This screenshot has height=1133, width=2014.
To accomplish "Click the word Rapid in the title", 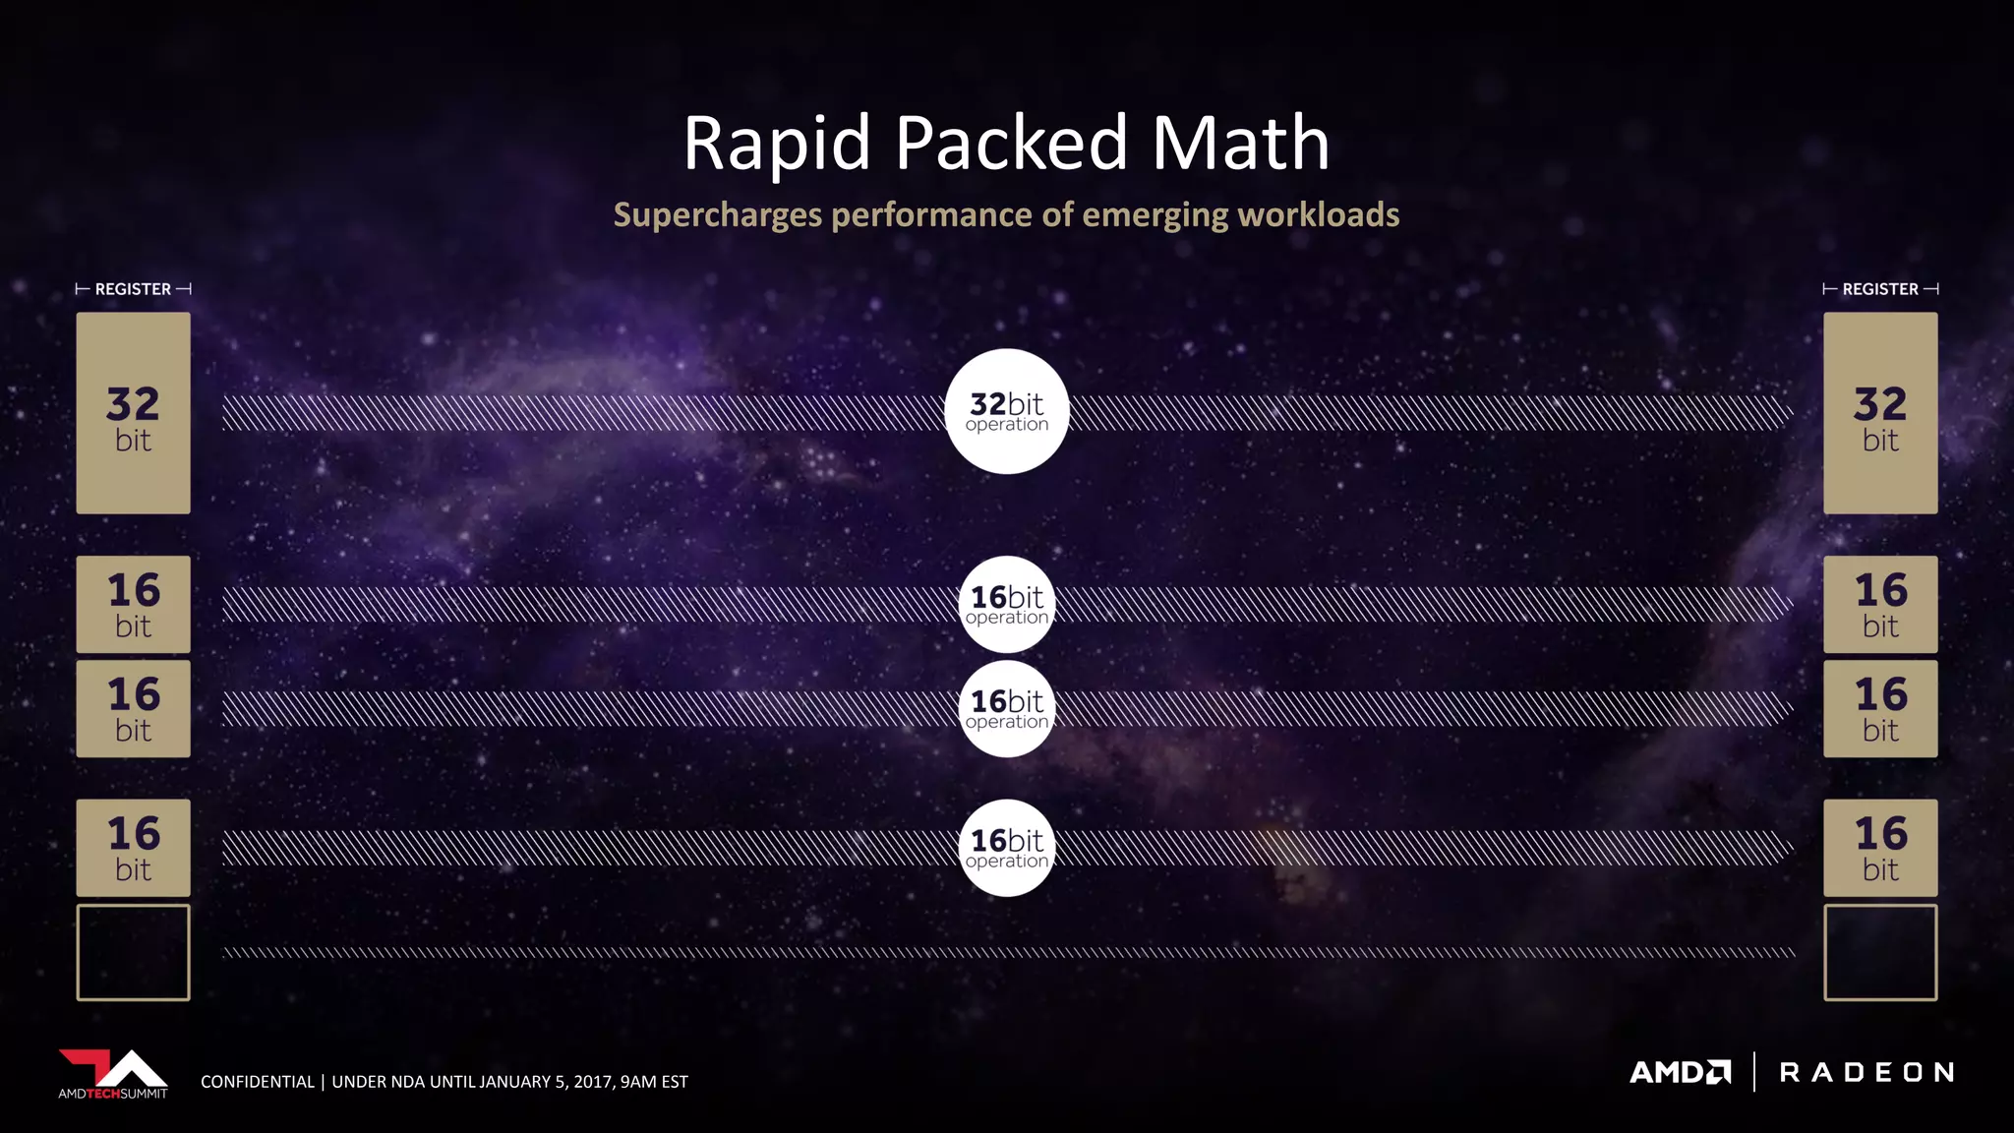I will [776, 144].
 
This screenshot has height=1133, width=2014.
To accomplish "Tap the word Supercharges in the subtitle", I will [717, 215].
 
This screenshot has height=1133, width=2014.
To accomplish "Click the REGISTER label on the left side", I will [133, 289].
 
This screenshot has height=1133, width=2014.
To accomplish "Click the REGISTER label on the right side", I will [1879, 289].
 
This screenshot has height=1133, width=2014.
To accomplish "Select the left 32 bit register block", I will [133, 413].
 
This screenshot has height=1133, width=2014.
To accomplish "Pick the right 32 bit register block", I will [1880, 413].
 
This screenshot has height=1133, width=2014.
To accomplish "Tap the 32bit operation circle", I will [1006, 411].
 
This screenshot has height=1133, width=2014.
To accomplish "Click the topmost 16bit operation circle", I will [1006, 604].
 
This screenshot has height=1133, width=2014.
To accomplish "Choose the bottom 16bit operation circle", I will [1006, 848].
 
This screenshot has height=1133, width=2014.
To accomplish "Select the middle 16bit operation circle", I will [1006, 708].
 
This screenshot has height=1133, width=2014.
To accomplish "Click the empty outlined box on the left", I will [133, 952].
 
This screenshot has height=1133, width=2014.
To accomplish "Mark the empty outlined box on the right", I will [1880, 952].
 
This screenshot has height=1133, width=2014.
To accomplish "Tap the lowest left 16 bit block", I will [133, 848].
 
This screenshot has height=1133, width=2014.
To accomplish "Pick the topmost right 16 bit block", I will [1880, 604].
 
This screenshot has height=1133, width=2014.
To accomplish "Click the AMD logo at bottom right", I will [1680, 1072].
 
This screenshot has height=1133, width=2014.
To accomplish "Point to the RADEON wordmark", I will [1866, 1072].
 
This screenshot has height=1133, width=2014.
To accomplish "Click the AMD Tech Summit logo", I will [113, 1074].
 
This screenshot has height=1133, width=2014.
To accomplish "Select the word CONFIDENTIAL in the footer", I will [257, 1082].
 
